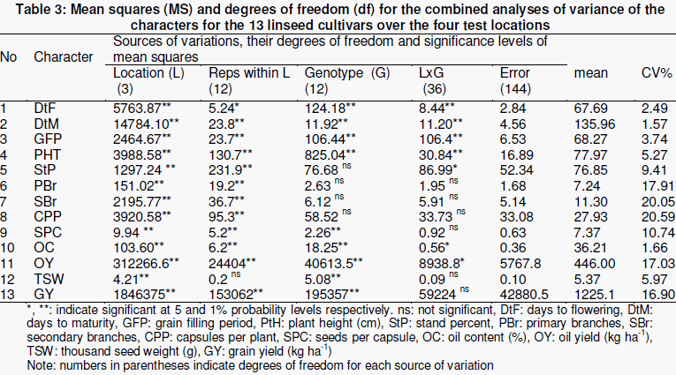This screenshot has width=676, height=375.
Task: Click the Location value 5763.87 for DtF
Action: (137, 109)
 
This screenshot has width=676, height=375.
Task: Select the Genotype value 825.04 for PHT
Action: (324, 155)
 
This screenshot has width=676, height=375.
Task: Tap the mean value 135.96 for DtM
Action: (595, 124)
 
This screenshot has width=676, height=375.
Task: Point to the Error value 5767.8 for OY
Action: (520, 264)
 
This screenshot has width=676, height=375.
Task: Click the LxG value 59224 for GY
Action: (437, 295)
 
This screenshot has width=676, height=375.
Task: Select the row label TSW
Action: (49, 280)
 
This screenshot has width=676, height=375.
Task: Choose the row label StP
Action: (45, 170)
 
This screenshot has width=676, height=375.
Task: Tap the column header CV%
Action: (657, 73)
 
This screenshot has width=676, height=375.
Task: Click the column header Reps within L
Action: (249, 73)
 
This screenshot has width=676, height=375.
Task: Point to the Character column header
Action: (64, 56)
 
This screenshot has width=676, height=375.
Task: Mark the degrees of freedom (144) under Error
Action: (515, 89)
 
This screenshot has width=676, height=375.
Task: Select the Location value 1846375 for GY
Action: (140, 295)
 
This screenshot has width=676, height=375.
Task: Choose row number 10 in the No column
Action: (7, 248)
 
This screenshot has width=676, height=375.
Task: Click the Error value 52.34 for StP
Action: (516, 170)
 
